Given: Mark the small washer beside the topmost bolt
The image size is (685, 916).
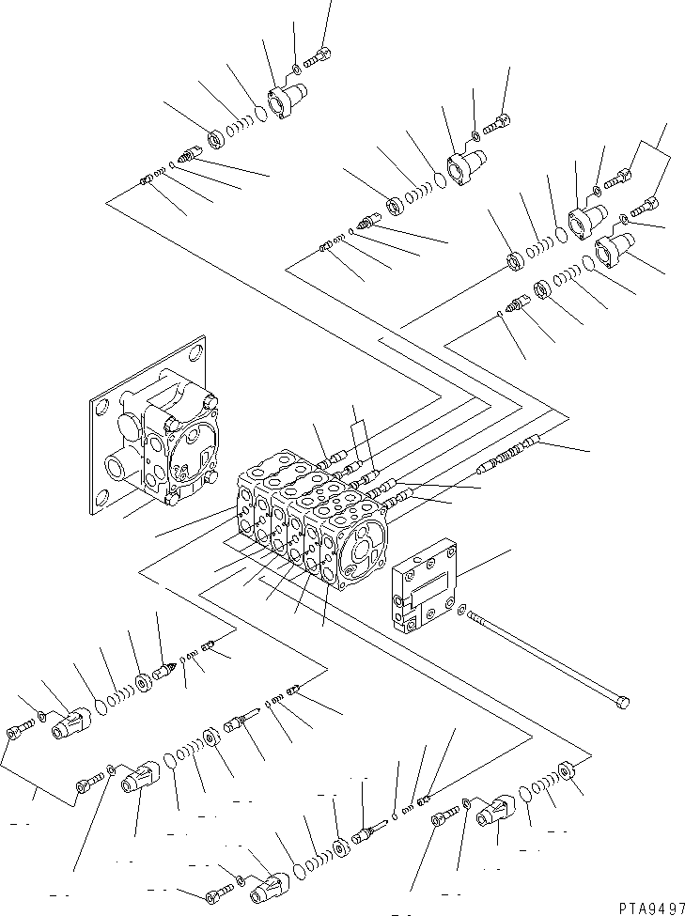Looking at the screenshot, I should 296,67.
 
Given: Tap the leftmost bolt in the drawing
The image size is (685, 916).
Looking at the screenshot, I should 19,730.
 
